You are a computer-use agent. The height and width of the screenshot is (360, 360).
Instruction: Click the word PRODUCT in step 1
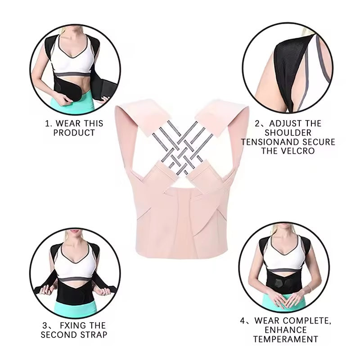[x=74, y=133]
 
